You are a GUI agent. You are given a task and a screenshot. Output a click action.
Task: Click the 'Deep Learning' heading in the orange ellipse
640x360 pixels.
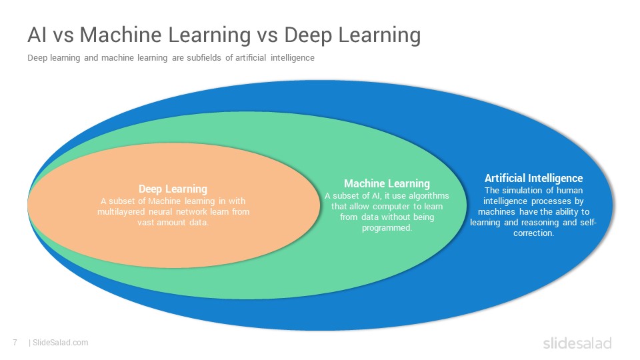173,189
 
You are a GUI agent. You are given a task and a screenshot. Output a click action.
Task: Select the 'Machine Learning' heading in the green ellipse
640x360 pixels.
387,184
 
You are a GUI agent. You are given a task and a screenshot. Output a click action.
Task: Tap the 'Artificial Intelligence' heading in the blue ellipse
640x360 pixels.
533,178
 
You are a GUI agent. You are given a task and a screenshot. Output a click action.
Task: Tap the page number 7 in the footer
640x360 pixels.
15,343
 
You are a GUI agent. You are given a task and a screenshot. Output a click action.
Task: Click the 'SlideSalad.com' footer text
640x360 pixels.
60,343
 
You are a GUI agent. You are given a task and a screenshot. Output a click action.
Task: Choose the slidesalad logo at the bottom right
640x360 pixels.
577,343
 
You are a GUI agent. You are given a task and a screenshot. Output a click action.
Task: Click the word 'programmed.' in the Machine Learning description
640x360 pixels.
387,228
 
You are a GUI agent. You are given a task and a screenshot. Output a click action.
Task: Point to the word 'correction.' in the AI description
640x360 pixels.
533,233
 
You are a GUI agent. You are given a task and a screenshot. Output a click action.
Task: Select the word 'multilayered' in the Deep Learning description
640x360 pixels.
121,212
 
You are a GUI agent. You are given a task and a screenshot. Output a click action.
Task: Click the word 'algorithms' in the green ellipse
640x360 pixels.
429,196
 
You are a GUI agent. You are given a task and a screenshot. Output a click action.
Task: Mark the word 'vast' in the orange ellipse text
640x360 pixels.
145,223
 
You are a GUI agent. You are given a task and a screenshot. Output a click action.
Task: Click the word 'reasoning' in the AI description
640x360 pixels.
540,223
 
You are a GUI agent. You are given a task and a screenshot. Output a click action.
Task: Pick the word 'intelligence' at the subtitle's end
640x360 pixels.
292,57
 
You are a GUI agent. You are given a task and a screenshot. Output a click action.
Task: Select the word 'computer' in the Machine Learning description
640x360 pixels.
391,207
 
